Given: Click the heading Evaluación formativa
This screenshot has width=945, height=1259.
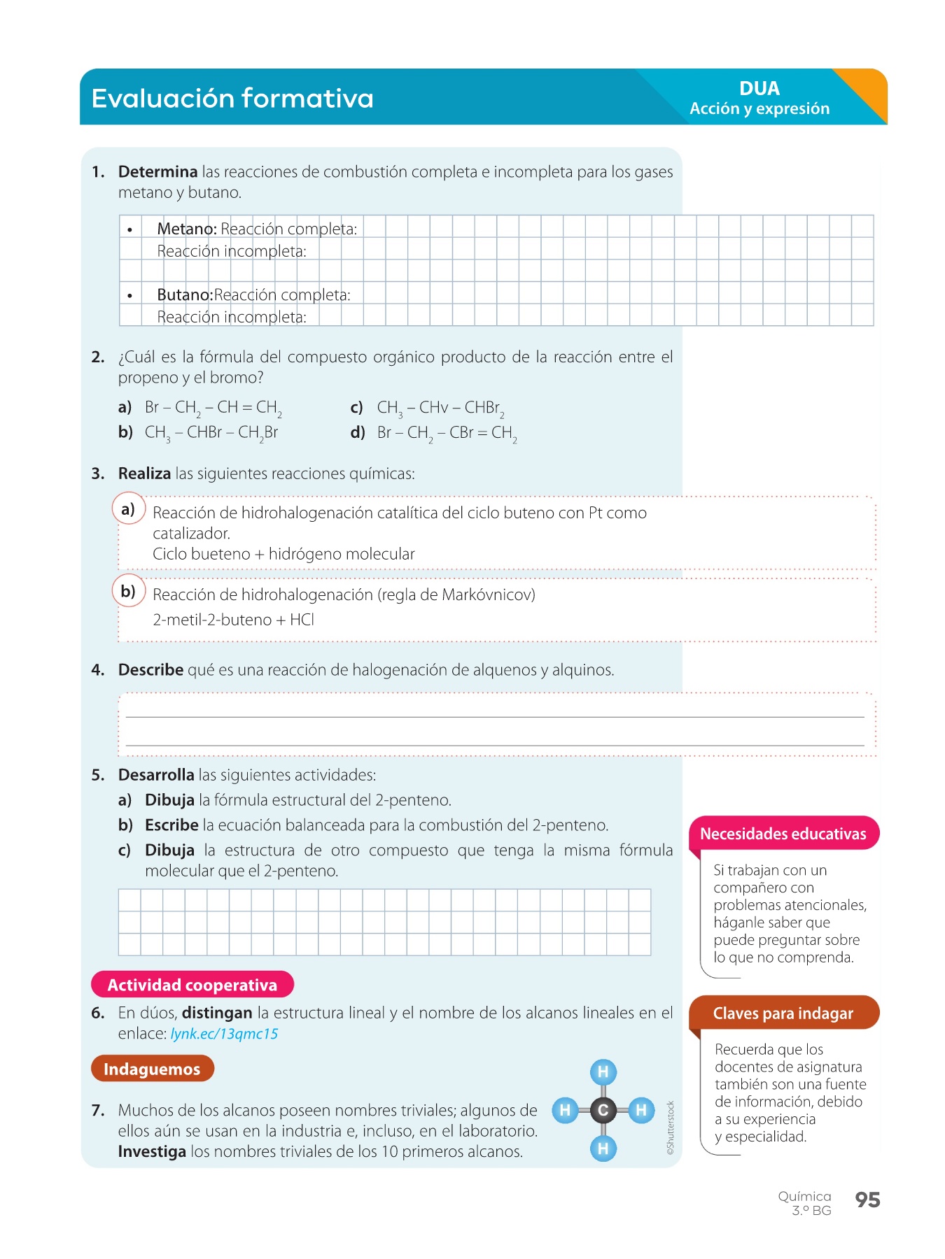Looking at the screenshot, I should (232, 99).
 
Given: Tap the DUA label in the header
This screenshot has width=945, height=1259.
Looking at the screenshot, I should (759, 89).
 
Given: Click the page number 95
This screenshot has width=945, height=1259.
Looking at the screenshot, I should (867, 1200).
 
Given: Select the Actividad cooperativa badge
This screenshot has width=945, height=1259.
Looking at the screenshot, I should (192, 985).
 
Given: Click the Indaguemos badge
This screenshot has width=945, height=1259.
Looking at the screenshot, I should (152, 1069).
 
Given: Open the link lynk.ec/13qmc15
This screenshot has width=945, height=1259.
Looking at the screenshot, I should (224, 1034).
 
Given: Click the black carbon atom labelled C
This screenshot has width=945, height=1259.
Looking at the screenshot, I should (603, 1110).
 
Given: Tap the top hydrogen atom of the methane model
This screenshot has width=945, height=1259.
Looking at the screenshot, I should (603, 1072).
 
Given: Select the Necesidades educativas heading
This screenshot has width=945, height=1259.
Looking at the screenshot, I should (783, 834).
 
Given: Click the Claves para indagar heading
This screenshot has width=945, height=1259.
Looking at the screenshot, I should (783, 1013).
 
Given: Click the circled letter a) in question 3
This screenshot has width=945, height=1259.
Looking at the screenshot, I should (128, 509).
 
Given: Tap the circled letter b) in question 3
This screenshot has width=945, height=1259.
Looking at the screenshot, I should (128, 592).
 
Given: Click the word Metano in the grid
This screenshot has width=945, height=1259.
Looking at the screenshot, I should (186, 229).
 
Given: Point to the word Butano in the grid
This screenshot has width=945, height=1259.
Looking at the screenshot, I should (184, 295).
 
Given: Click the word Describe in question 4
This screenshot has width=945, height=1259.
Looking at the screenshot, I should (150, 670).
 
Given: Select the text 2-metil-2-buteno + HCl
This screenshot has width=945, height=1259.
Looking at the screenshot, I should (233, 620).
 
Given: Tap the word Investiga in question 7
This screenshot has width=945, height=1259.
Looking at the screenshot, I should (152, 1152).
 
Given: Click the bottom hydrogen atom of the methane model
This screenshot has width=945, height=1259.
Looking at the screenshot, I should (603, 1148).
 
